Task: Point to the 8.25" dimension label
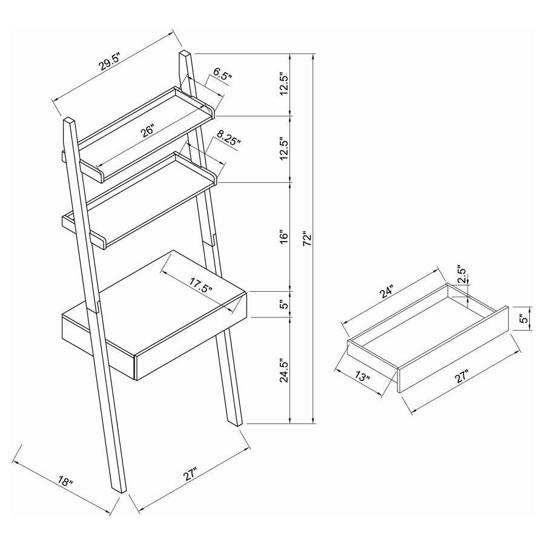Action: pos(226,143)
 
